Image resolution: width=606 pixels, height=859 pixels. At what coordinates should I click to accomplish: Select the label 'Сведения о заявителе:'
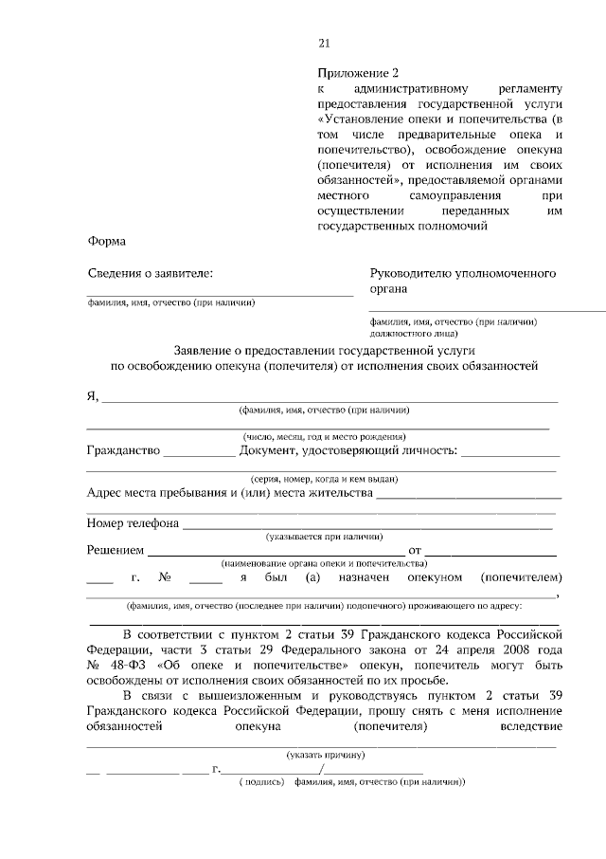150,273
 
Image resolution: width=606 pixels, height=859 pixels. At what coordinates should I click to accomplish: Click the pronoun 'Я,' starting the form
93,395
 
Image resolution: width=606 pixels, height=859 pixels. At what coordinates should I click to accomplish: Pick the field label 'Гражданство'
122,450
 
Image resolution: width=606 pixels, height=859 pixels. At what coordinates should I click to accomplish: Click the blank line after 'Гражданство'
199,455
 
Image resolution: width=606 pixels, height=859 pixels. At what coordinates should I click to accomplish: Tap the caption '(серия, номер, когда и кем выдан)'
322,479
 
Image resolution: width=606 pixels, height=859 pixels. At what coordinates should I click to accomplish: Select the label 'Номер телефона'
133,521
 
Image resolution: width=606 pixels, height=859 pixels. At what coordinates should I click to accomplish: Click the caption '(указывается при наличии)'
323,536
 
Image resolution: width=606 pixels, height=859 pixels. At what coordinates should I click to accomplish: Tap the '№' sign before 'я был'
164,576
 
